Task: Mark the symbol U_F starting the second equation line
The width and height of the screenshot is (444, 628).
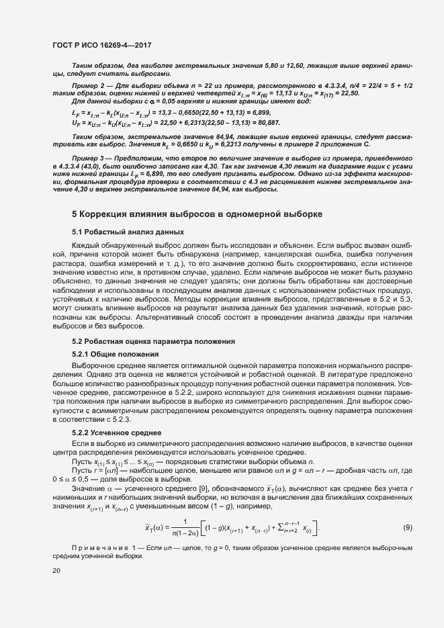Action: (x=75, y=123)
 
